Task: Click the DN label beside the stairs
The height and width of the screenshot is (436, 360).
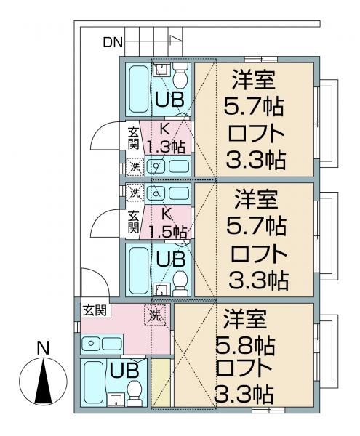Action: coord(113,42)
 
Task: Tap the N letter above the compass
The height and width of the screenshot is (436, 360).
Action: coord(43,347)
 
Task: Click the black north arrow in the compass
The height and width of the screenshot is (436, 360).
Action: coord(43,381)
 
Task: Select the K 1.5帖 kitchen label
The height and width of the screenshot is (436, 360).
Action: coord(167,223)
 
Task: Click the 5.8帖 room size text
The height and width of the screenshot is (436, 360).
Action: coord(246,346)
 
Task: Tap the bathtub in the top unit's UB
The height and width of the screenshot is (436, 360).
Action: coord(139,89)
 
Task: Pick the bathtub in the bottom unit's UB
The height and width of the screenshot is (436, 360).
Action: coord(93,384)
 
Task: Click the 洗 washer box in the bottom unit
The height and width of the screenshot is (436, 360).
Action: coord(155,315)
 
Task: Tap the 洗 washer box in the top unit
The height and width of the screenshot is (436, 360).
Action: coord(135,167)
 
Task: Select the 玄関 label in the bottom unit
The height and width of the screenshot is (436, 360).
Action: coord(95,310)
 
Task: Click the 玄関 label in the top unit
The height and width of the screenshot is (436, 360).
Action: coord(134,138)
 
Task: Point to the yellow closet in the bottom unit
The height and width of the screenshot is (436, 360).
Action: coord(161,382)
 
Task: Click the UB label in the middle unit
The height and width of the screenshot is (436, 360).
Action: coord(170,259)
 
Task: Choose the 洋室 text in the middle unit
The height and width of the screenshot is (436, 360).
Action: coord(256,199)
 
